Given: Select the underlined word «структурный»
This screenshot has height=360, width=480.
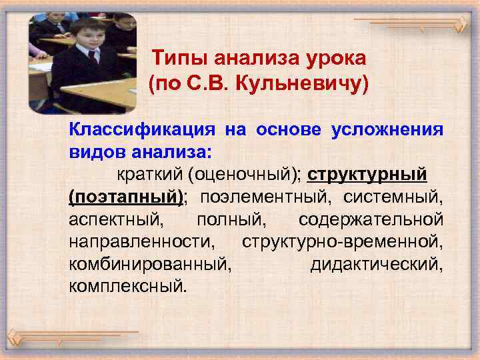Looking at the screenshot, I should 367,175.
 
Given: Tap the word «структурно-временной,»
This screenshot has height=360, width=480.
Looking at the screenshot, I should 343,242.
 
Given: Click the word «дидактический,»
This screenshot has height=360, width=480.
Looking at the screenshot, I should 376,264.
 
